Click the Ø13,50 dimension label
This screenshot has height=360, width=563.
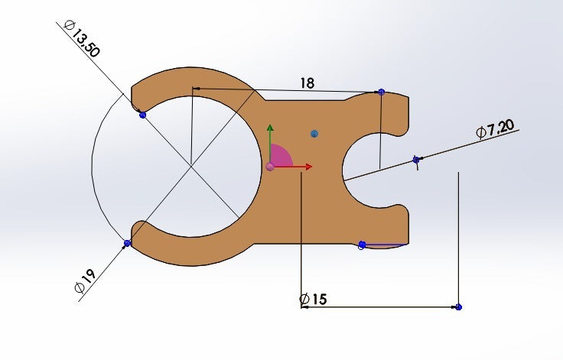point(81,39)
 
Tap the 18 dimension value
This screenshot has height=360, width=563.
point(307,83)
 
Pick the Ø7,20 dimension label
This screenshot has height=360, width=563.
point(495,128)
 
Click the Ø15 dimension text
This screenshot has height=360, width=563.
point(313,299)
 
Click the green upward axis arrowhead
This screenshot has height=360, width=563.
point(270,128)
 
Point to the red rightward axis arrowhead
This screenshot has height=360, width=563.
point(308,167)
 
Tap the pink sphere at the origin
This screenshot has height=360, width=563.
point(270,167)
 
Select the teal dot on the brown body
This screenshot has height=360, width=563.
point(314,134)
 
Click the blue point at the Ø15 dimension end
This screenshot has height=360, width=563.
point(458,307)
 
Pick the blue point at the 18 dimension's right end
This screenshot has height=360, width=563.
point(381,92)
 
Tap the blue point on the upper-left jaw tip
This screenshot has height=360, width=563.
point(143,115)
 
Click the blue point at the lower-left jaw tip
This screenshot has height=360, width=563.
point(127,243)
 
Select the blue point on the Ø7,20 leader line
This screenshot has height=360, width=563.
point(416,159)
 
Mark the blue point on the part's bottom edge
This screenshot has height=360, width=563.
point(362,245)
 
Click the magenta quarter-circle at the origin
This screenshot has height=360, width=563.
point(281,155)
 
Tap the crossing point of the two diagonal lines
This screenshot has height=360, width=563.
point(190,166)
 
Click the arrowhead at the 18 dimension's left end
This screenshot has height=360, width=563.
point(197,89)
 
